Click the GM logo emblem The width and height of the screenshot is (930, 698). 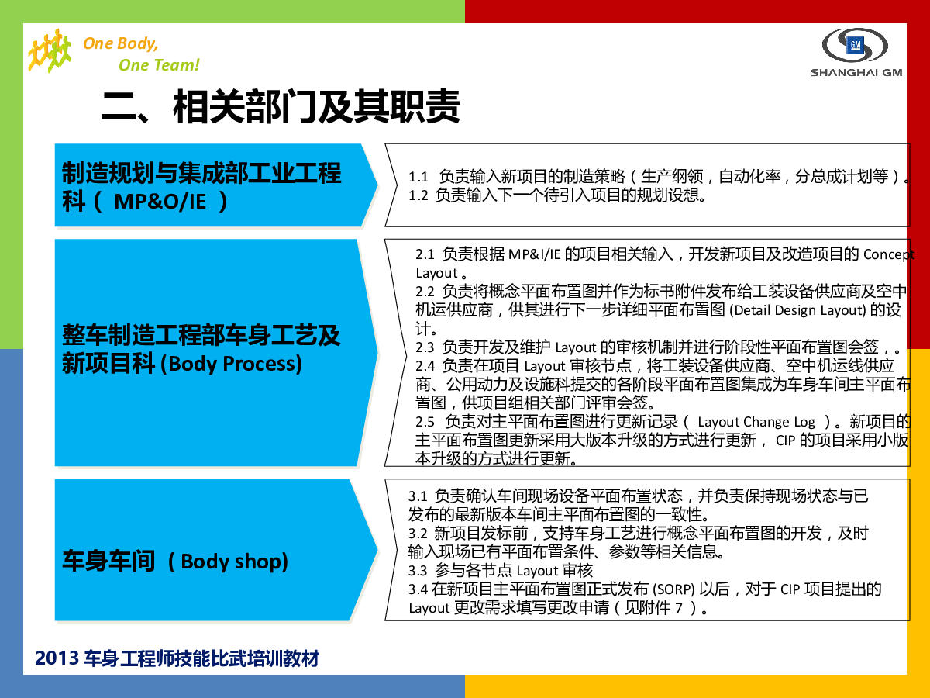point(855,45)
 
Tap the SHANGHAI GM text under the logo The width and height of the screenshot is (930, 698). point(856,72)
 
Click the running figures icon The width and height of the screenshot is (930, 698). point(49,50)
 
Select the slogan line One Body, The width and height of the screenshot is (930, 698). point(121,43)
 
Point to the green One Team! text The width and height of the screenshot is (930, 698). point(159,65)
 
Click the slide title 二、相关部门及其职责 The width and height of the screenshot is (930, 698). point(281,106)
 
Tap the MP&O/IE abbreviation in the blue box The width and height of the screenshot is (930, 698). point(160,202)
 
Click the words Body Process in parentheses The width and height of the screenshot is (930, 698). point(235,364)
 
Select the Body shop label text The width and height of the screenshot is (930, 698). point(234,562)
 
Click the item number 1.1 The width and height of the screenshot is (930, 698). point(418,177)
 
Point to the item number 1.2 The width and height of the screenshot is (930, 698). point(418,195)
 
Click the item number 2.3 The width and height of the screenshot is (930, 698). point(425,347)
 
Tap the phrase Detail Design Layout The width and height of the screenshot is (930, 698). point(797,310)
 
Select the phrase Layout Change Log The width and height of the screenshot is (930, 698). point(756,422)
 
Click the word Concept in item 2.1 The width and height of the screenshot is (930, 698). point(889,254)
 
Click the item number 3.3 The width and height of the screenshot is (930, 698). point(418,571)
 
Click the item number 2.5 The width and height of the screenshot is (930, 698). point(425,422)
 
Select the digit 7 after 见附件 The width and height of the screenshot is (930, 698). point(679,608)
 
